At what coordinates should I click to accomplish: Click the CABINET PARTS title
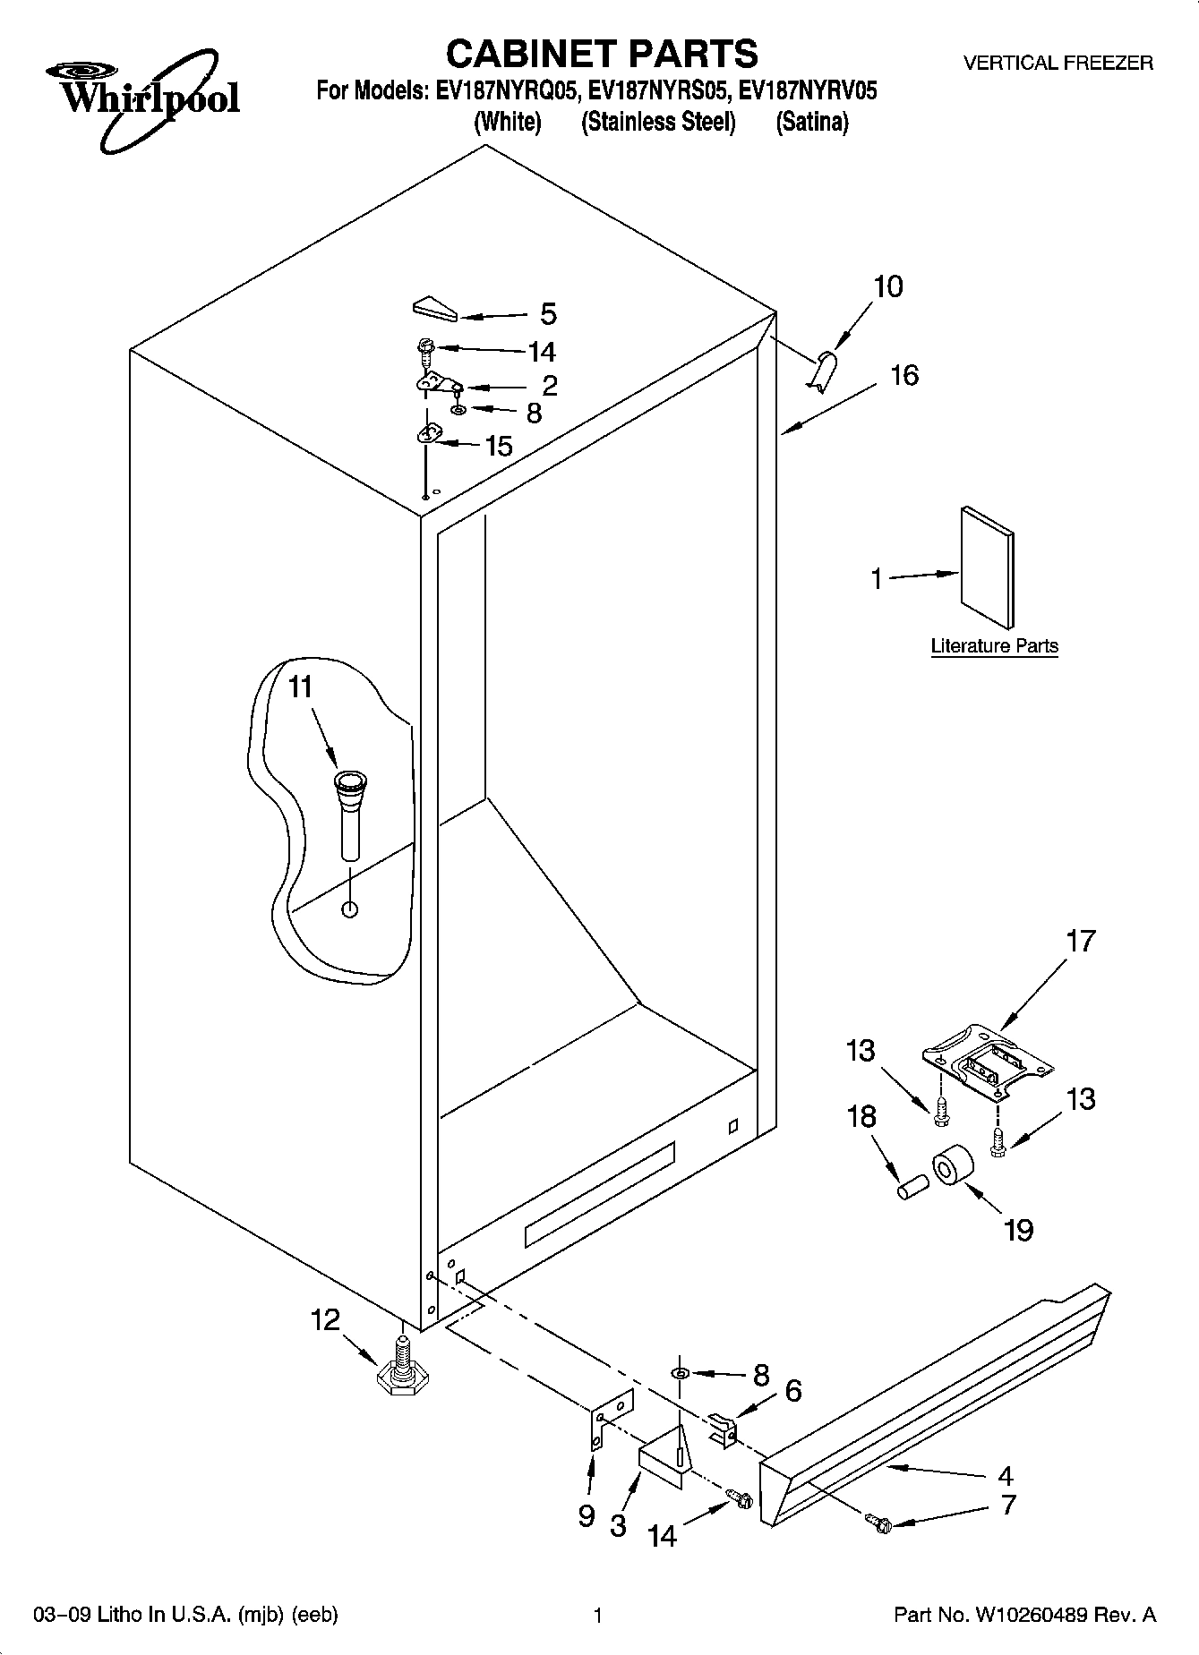click(601, 54)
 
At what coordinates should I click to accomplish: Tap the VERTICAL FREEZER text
click(1058, 64)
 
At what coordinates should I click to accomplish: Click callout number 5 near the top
click(548, 314)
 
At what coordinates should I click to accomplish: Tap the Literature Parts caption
click(994, 645)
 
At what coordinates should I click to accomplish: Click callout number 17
click(1081, 941)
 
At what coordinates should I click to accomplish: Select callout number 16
click(904, 374)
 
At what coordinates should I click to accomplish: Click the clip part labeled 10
click(824, 369)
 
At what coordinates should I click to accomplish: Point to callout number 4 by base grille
click(1006, 1474)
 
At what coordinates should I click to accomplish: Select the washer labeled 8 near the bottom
click(681, 1373)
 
